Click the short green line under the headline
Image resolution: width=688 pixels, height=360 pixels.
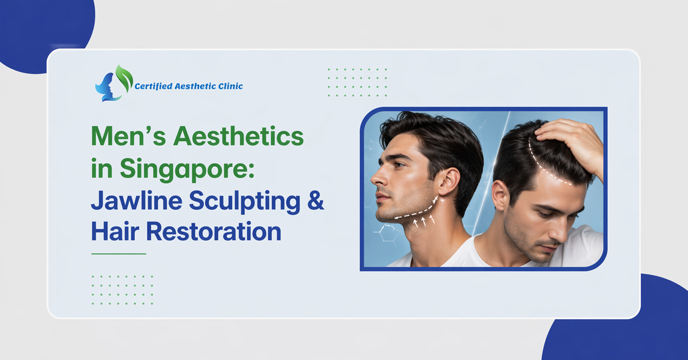point(119,253)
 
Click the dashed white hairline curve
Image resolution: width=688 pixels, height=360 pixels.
point(545,163)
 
